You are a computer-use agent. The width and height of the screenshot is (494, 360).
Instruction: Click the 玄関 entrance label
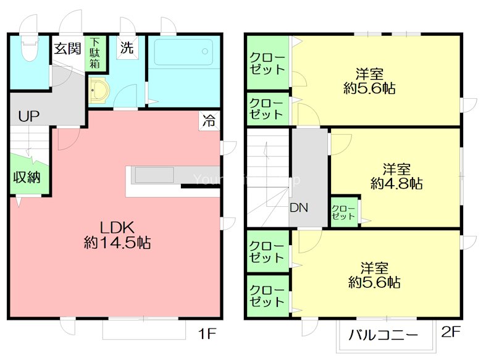point(67,48)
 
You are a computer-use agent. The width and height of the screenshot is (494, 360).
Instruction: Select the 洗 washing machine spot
point(127,48)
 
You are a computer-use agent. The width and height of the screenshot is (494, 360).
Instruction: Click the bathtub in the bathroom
point(183,52)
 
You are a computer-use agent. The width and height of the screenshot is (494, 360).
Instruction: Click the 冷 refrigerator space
point(210,121)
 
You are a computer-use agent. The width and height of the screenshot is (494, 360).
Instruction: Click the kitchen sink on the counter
point(154,175)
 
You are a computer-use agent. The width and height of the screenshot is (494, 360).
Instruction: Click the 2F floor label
point(451,332)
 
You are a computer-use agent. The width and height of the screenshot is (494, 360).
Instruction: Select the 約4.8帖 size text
point(396,183)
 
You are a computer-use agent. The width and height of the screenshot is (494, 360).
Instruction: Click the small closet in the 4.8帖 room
point(343,212)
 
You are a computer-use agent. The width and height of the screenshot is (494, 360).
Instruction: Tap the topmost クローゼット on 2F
point(267,64)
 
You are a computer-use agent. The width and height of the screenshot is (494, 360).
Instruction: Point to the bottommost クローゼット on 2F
point(267,296)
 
